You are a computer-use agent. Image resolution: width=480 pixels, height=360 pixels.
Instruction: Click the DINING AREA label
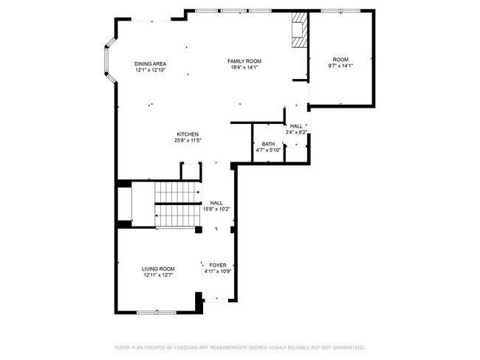click(x=151, y=64)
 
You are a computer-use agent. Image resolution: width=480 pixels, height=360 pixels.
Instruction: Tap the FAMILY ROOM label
click(x=244, y=61)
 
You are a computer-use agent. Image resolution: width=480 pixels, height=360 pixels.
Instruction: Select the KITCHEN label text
click(x=188, y=134)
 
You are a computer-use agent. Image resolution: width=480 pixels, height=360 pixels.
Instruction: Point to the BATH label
click(x=268, y=144)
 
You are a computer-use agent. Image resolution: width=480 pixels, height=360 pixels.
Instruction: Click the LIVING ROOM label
click(x=158, y=269)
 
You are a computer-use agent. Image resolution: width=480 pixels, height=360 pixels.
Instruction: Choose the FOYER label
click(x=218, y=265)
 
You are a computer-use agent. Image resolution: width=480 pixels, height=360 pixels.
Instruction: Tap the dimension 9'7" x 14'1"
click(x=340, y=66)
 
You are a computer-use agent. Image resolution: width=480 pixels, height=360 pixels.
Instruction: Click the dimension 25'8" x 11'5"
click(x=188, y=140)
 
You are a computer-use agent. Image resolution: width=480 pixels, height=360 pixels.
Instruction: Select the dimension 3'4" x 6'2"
click(x=296, y=132)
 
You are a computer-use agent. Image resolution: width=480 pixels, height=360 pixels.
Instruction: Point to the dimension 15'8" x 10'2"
click(x=216, y=210)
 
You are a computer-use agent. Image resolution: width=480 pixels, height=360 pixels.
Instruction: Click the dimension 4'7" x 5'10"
click(x=268, y=150)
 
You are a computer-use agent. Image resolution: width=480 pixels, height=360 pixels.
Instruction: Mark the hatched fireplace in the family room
click(x=299, y=30)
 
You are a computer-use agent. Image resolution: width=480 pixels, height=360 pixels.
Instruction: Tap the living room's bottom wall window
click(x=157, y=312)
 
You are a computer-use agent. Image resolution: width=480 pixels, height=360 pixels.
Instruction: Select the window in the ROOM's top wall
click(x=340, y=11)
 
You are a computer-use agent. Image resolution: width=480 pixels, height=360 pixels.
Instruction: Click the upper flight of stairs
click(x=177, y=192)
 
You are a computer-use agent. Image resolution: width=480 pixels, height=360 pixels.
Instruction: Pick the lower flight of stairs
click(x=177, y=215)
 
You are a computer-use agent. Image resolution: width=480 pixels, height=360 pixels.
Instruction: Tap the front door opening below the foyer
click(x=216, y=300)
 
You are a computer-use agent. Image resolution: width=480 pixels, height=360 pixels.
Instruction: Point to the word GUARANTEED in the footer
click(x=349, y=347)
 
